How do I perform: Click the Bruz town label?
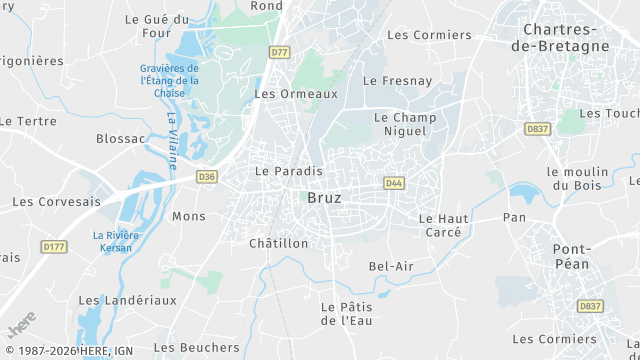pyautogui.click(x=325, y=198)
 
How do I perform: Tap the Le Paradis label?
pyautogui.click(x=289, y=171)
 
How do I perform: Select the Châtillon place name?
pyautogui.click(x=278, y=243)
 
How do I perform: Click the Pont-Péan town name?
pyautogui.click(x=573, y=256)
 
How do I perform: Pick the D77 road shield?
pyautogui.click(x=279, y=52)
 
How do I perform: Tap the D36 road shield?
pyautogui.click(x=206, y=177)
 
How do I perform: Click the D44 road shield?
pyautogui.click(x=394, y=183)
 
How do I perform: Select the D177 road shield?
pyautogui.click(x=53, y=246)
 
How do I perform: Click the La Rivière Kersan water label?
pyautogui.click(x=117, y=242)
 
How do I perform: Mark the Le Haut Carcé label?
pyautogui.click(x=440, y=225)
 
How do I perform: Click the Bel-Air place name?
pyautogui.click(x=391, y=266)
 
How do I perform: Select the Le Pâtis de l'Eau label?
pyautogui.click(x=345, y=313)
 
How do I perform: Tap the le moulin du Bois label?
pyautogui.click(x=578, y=178)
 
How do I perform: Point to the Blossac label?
pyautogui.click(x=121, y=139)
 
